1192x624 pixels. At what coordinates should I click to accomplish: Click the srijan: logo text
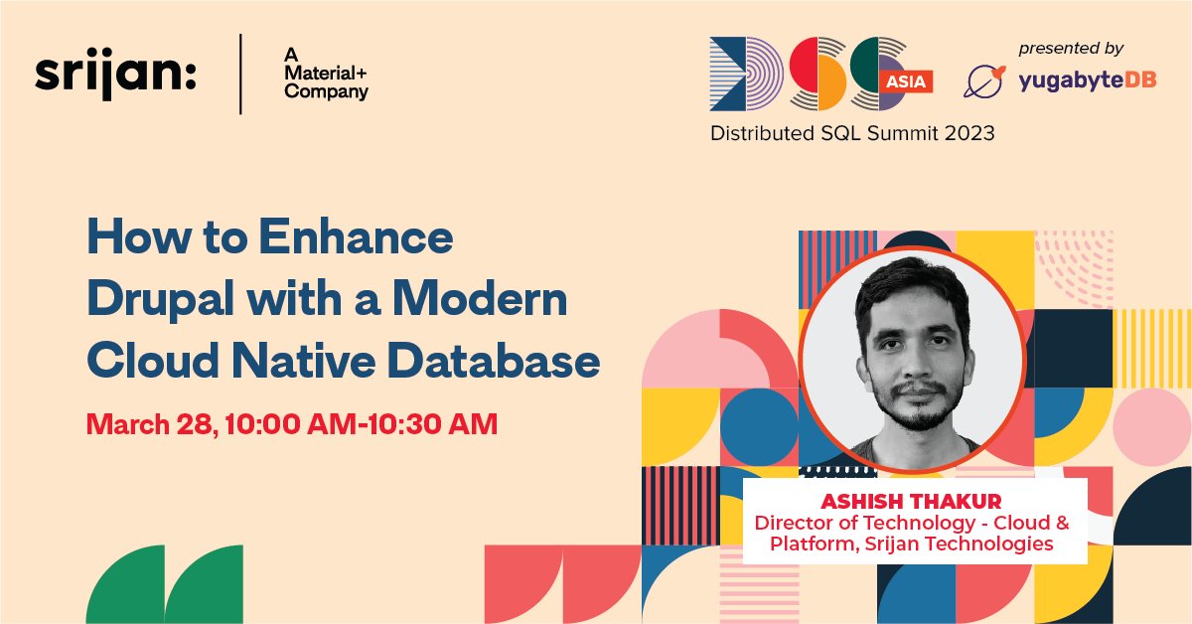point(115,75)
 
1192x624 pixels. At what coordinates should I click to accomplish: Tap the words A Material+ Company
point(326,76)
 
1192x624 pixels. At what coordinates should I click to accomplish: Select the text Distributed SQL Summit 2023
point(851,132)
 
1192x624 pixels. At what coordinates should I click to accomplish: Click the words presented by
point(1071,48)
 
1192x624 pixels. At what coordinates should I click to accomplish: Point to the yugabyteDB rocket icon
point(983,80)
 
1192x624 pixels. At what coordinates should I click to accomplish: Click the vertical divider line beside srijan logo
point(240,75)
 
